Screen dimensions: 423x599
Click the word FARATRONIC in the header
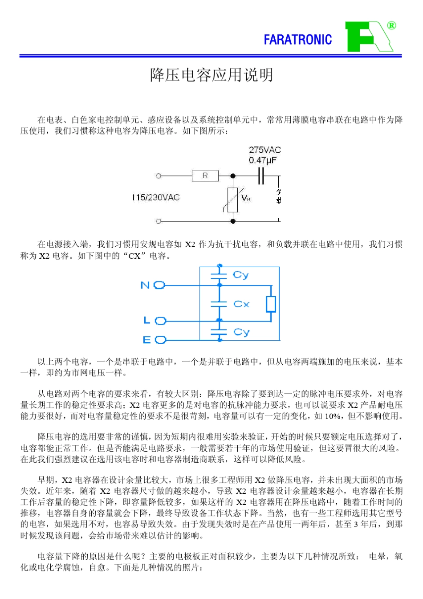coord(297,40)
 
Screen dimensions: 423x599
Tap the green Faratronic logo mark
coord(367,37)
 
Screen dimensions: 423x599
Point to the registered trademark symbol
coord(391,25)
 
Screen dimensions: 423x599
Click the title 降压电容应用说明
coord(211,75)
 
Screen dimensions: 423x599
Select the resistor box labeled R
coord(205,176)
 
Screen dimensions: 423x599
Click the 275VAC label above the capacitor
coord(264,150)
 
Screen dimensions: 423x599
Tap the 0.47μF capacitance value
coord(262,160)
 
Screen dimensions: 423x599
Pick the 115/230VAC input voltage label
coord(155,197)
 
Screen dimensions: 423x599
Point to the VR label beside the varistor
coord(246,198)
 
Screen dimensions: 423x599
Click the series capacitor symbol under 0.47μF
coord(261,176)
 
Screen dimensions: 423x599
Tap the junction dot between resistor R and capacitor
coord(233,176)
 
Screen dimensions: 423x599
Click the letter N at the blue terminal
coord(145,285)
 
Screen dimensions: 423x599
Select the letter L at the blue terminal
coord(146,320)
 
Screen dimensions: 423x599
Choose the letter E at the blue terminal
coord(146,340)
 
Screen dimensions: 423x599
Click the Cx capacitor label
coord(241,304)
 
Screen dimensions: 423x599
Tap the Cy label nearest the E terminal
coord(241,332)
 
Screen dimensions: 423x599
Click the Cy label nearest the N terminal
coord(241,275)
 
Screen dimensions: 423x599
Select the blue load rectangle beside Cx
coord(271,304)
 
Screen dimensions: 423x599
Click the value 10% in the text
coord(333,416)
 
